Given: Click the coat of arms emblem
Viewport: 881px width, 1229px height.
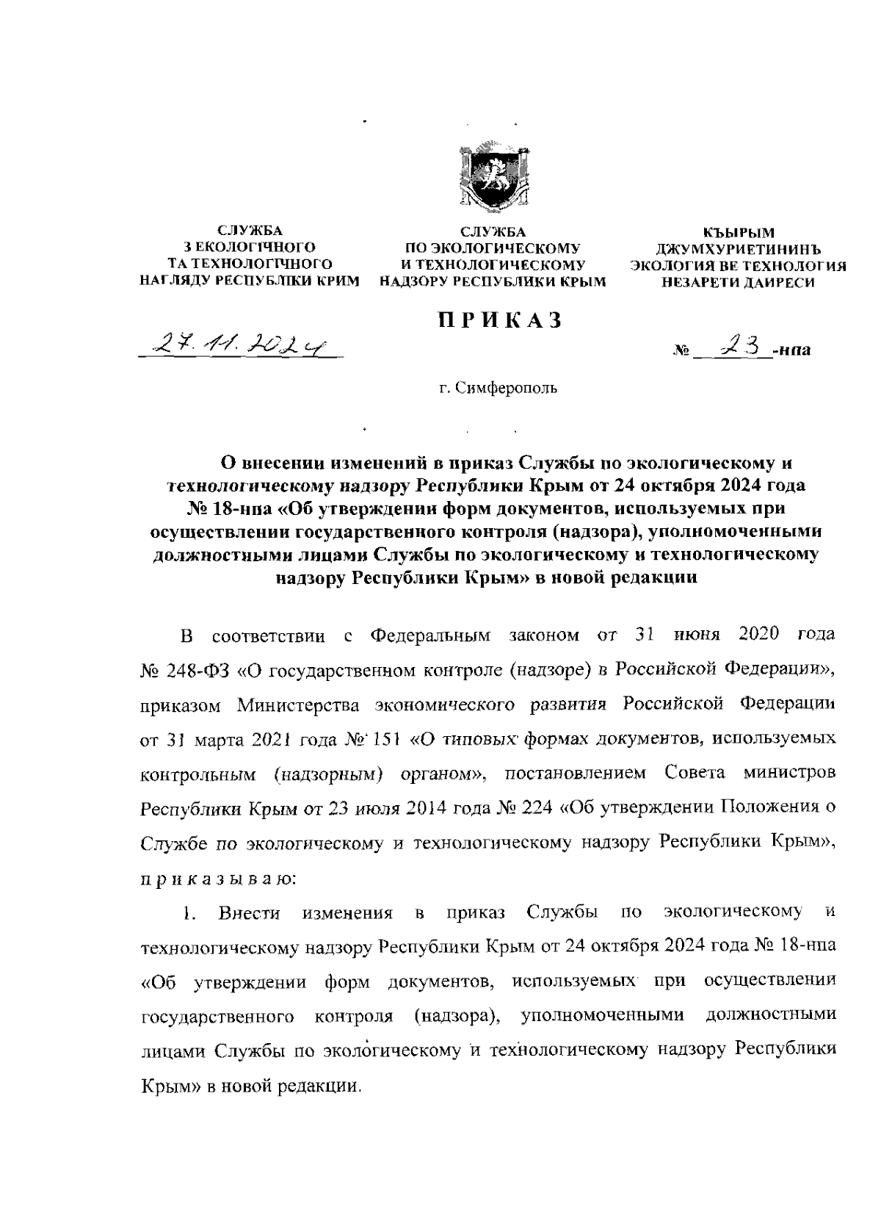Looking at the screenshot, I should tap(488, 176).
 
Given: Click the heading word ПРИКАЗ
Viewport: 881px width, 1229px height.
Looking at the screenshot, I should tap(500, 320).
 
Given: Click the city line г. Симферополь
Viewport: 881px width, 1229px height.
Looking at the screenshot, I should tap(498, 387).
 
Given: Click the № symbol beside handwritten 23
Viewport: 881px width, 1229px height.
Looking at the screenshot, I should tap(679, 351).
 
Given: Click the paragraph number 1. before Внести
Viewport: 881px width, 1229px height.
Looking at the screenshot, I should tap(190, 913).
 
